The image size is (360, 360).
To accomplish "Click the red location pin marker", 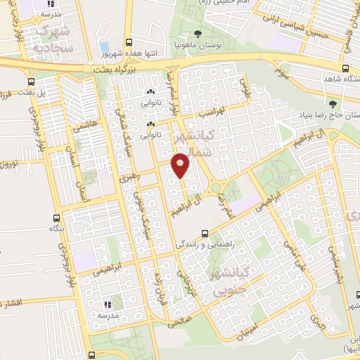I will point(181,165).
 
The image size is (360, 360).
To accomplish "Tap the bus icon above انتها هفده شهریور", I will point(127,42).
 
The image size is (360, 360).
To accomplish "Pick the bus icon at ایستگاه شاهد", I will point(344,68).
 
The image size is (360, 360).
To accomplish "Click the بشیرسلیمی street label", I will point(344,268).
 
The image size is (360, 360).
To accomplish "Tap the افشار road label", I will point(12,303).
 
